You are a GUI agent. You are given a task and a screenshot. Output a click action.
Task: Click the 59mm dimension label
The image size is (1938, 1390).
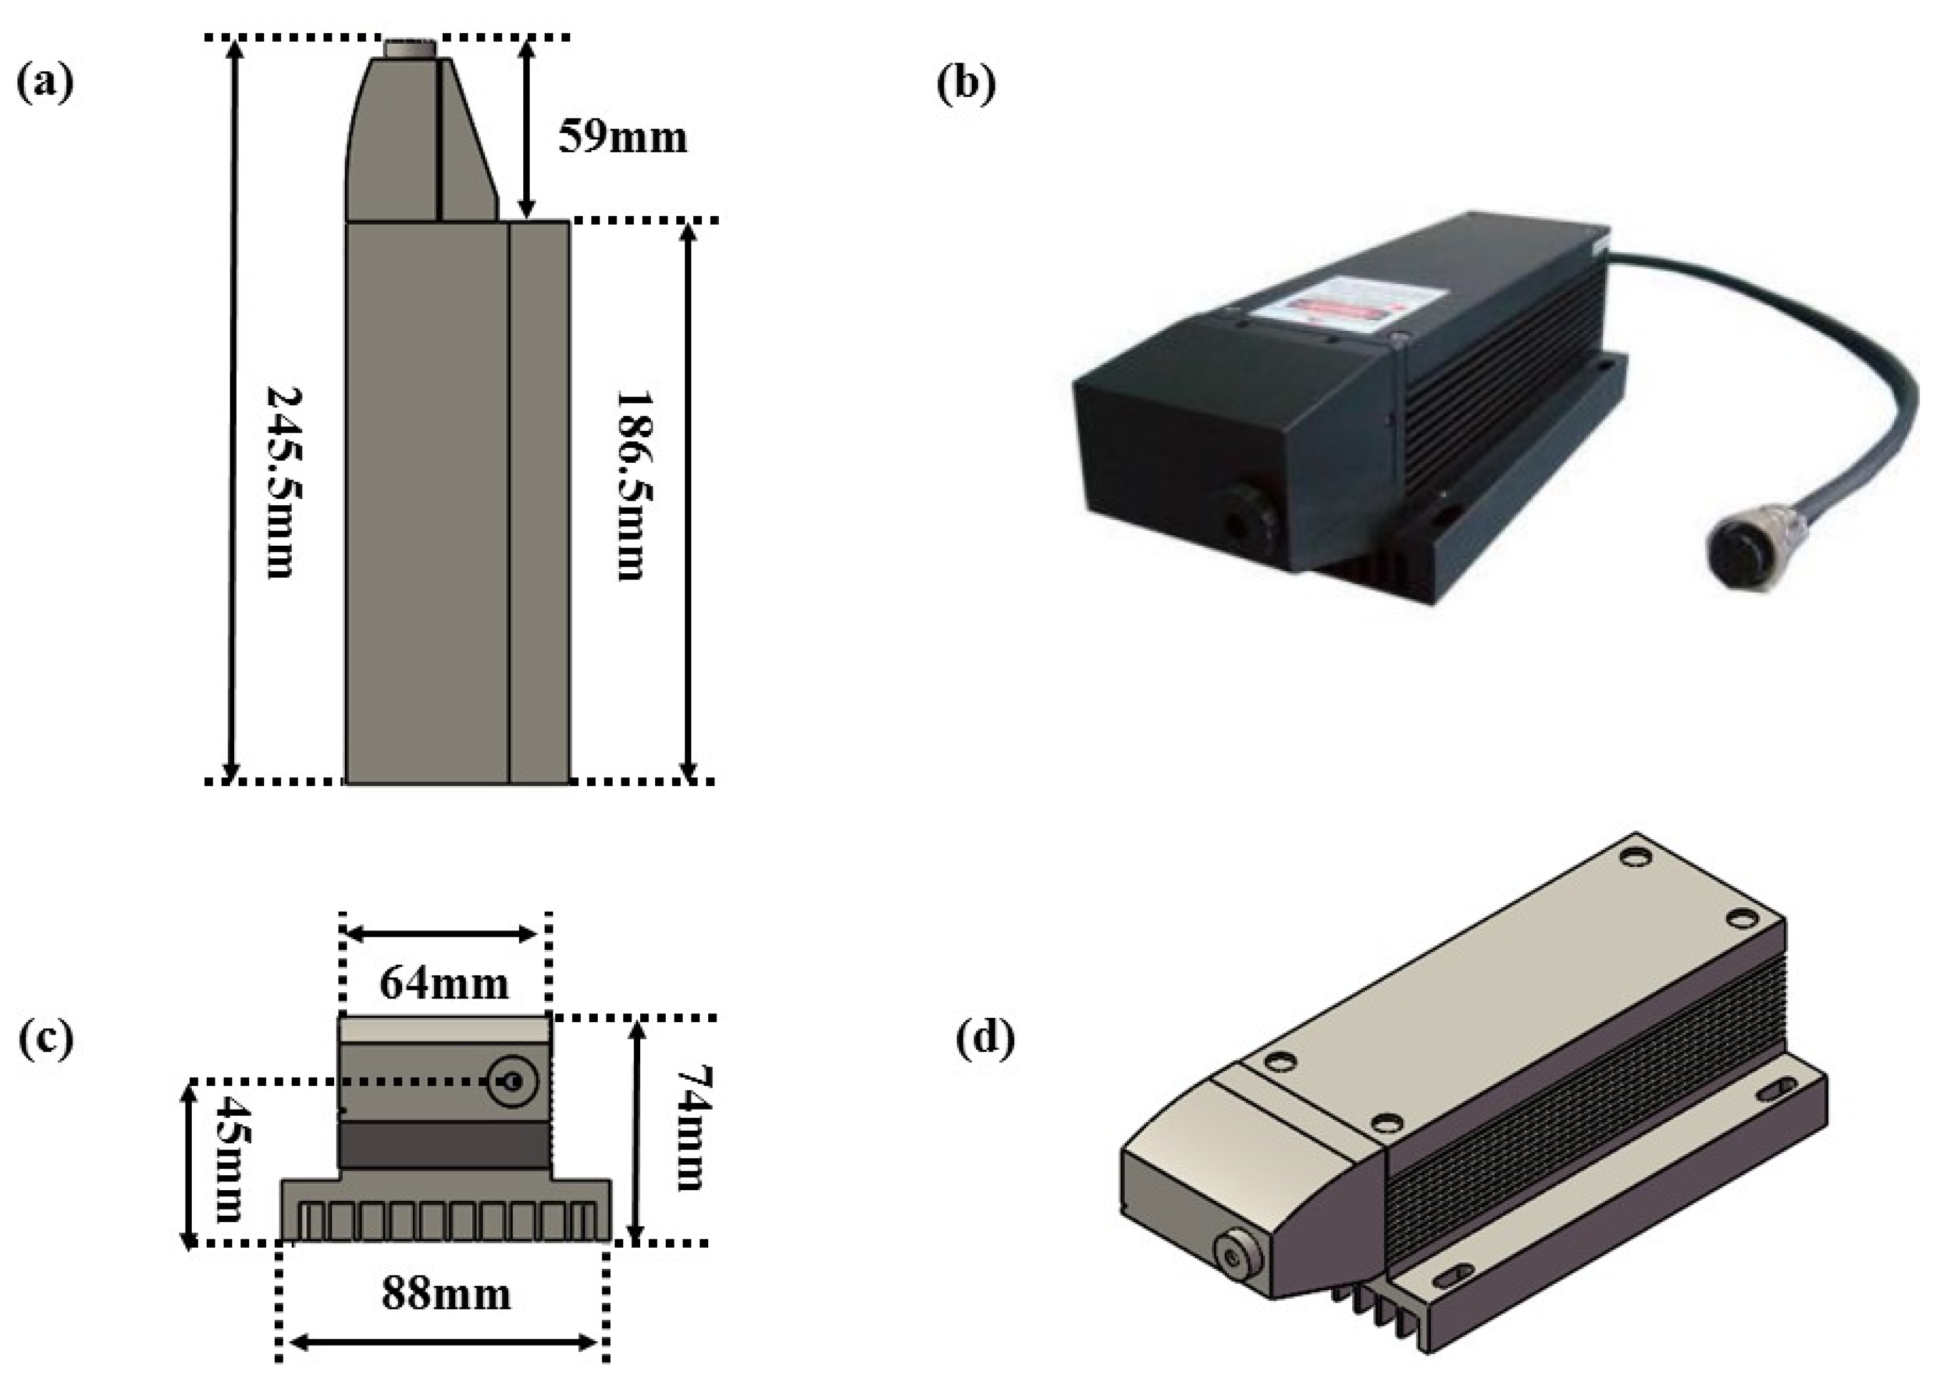[x=622, y=137]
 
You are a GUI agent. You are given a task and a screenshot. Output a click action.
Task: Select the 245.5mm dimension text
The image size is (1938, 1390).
[x=284, y=482]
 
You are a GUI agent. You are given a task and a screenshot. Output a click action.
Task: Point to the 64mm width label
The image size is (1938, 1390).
[x=443, y=983]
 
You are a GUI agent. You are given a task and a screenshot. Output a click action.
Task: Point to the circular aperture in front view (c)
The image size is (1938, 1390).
[x=513, y=1082]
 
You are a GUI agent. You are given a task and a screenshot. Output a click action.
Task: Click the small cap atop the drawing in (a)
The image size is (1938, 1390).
[x=410, y=49]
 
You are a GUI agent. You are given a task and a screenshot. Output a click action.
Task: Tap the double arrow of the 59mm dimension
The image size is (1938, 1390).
[x=527, y=128]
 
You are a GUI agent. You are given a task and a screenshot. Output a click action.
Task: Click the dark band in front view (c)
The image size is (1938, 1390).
[x=444, y=1145]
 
